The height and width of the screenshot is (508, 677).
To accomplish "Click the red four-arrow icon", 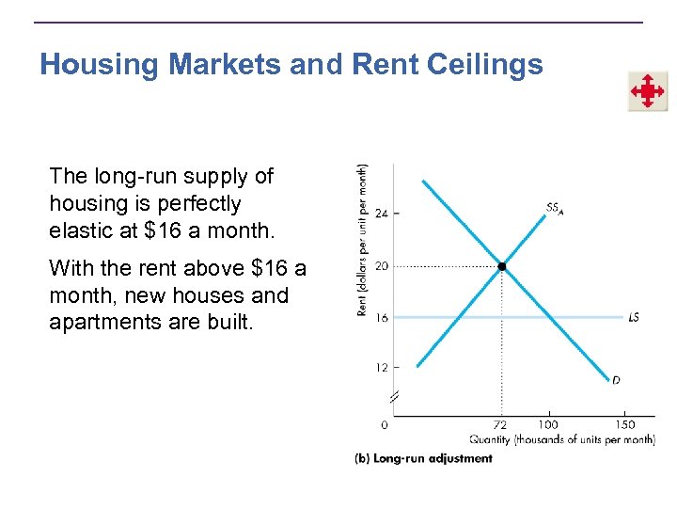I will coord(647,92).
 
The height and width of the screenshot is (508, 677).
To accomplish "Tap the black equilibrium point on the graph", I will coord(502,267).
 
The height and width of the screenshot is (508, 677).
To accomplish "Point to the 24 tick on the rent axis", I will coord(381,214).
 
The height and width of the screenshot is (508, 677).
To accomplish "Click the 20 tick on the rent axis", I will coord(381,266).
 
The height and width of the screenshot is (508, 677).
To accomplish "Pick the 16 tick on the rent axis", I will coord(381,318).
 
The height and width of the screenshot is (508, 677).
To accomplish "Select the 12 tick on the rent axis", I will coord(381,367).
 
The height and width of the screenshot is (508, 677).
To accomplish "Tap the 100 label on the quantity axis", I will coord(546,425).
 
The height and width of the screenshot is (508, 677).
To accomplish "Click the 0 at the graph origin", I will coord(384,425).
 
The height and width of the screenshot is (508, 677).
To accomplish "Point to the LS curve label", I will coord(634,318).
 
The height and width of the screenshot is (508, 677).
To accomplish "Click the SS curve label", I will coord(554,207).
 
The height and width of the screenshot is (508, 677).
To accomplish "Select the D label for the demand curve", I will coord(615,380).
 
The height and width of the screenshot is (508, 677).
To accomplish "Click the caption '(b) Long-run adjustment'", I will coord(423,459).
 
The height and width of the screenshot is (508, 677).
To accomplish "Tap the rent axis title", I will coord(363,240).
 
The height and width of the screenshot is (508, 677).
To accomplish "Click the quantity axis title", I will coord(562,439).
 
